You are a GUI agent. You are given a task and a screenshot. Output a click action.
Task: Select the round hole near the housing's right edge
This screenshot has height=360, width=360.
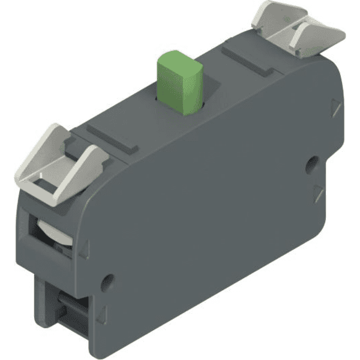311,163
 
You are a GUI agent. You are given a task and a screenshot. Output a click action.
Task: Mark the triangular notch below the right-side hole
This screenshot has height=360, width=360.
317,193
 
